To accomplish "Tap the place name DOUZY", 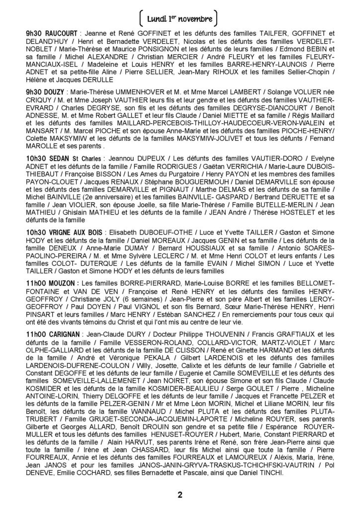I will tap(56, 92).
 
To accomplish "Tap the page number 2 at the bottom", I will tap(180, 495).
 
